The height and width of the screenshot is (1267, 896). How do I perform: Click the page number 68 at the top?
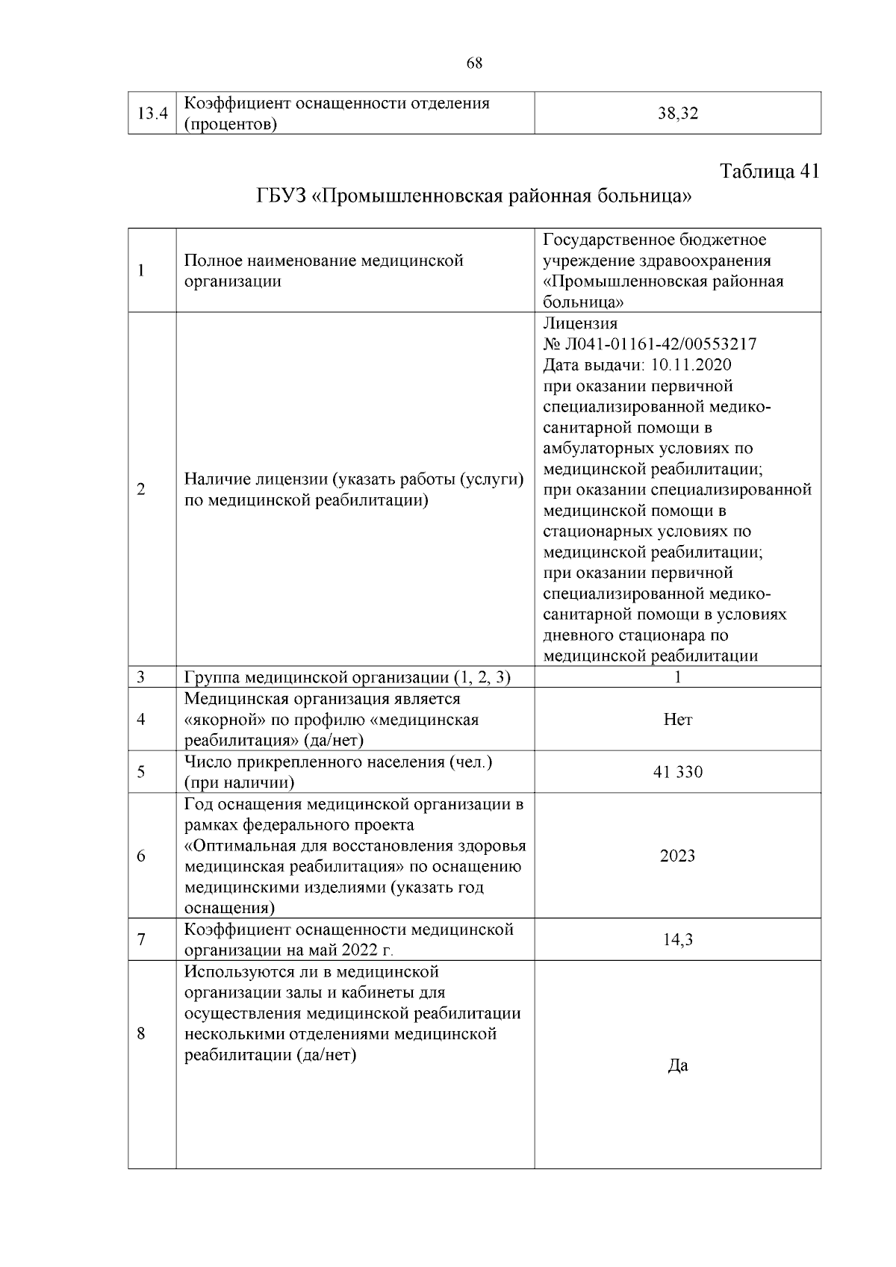tap(474, 63)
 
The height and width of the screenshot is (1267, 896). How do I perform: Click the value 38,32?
tap(677, 113)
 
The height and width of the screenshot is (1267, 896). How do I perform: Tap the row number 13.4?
tap(152, 113)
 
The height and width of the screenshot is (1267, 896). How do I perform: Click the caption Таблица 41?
tap(769, 171)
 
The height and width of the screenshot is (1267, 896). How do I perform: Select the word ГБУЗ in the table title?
tap(281, 196)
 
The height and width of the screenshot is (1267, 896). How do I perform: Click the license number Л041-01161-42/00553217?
tap(659, 344)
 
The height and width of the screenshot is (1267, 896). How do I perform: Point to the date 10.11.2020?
tap(691, 365)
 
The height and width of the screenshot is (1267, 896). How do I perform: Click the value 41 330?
tap(677, 772)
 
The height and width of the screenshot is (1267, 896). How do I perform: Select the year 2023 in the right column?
tap(677, 856)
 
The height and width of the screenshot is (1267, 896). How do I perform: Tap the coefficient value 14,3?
tap(677, 939)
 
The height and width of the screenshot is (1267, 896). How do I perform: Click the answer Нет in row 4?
tap(677, 720)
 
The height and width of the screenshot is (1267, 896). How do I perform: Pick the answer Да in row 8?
tap(677, 1065)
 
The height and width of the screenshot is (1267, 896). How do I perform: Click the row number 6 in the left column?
tap(141, 856)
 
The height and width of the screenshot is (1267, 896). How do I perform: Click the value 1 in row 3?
tap(677, 677)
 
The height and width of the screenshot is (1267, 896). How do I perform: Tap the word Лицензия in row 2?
tap(580, 323)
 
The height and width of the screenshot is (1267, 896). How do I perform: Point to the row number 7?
tap(141, 939)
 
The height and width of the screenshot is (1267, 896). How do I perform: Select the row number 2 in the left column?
tap(141, 490)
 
